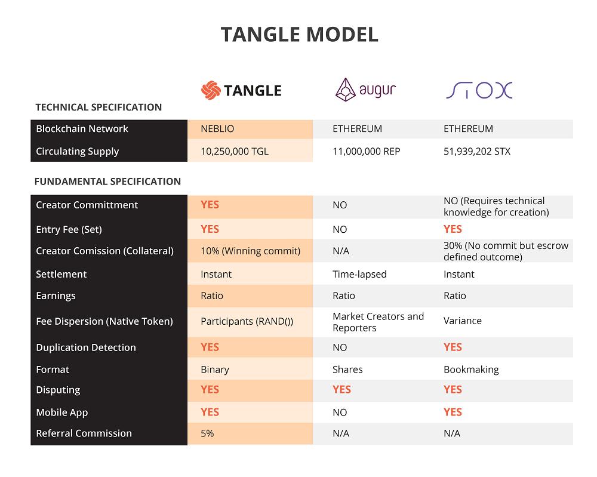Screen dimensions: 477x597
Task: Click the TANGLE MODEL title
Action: (299, 35)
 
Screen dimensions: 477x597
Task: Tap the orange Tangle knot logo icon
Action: (210, 91)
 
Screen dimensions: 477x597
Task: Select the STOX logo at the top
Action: (479, 90)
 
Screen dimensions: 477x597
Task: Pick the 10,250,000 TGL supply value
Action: (235, 152)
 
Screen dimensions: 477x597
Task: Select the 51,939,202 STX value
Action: (477, 152)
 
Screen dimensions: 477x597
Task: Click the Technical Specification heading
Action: (99, 107)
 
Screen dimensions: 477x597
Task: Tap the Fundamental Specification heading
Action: (107, 181)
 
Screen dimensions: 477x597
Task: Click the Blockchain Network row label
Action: (82, 129)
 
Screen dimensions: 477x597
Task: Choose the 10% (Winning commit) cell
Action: (250, 251)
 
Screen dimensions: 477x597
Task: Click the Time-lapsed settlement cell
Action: (359, 275)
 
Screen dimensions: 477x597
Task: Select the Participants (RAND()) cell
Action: (247, 321)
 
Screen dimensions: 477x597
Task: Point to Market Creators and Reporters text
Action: (378, 321)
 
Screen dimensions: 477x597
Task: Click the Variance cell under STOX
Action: (462, 321)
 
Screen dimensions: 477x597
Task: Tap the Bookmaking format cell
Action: (471, 370)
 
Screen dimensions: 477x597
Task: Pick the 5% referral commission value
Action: (207, 434)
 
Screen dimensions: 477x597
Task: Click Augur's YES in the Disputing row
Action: (342, 390)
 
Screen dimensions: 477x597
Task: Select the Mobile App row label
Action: (62, 413)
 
